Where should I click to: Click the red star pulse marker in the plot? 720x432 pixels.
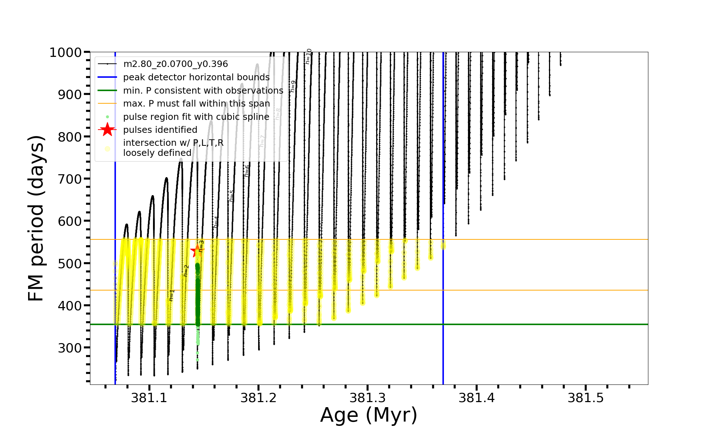(x=197, y=251)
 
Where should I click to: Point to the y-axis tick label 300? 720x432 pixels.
(x=70, y=348)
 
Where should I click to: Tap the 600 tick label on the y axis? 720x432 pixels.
(x=70, y=221)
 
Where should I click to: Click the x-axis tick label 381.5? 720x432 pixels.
(x=586, y=398)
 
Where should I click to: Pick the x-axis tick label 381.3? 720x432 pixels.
(x=368, y=398)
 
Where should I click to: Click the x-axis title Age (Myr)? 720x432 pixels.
(x=369, y=415)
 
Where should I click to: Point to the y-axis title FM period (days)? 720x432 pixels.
(x=36, y=218)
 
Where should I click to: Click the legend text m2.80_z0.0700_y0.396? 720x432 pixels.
(x=175, y=64)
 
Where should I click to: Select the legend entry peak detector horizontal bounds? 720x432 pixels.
(x=196, y=77)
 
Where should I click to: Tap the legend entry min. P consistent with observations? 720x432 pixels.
(x=203, y=90)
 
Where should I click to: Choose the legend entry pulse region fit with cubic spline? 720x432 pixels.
(x=196, y=117)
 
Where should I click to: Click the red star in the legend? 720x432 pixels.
(x=107, y=130)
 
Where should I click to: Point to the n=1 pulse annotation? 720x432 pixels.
(x=172, y=295)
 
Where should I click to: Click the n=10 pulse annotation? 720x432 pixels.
(x=308, y=56)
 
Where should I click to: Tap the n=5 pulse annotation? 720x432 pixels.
(x=231, y=196)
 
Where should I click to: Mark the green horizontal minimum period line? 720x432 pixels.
(x=540, y=324)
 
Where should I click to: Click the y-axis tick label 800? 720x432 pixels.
(x=70, y=137)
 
